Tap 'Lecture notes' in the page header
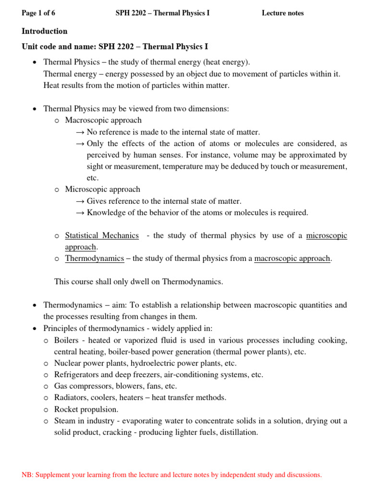(x=283, y=13)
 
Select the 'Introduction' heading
(x=45, y=31)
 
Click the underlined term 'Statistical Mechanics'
(x=102, y=235)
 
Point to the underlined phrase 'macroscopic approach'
(x=292, y=258)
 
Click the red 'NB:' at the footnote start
(x=28, y=475)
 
